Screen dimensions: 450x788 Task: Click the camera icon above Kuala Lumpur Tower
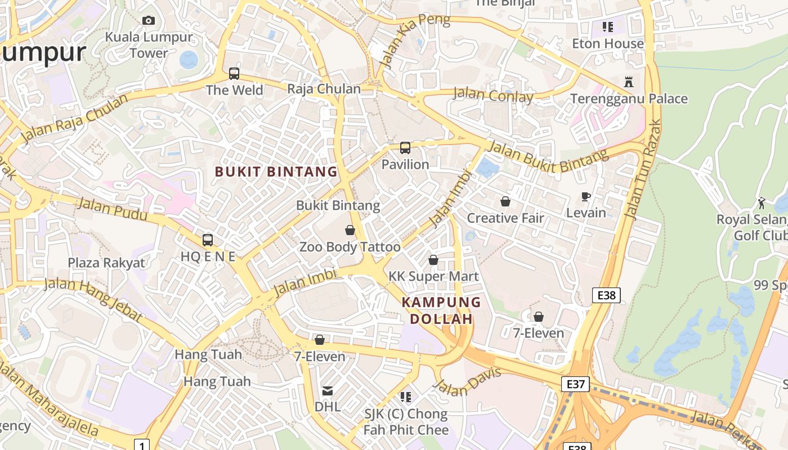coord(149,21)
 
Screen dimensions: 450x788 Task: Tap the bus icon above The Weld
coord(234,73)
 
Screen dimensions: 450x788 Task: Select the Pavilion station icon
coord(405,148)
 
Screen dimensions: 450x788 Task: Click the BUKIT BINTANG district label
coord(276,172)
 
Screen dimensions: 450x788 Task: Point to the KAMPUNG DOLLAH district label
coord(441,310)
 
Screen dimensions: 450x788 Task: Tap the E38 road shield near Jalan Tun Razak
coord(606,295)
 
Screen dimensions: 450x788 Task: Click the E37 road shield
coord(575,384)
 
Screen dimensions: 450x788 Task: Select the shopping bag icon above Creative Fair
coord(505,201)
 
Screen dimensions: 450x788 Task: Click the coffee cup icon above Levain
coord(586,196)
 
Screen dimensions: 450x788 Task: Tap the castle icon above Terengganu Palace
coord(629,82)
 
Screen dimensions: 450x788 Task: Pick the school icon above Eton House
coord(607,26)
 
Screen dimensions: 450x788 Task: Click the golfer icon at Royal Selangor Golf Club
coord(762,203)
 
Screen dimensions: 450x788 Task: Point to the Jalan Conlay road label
coord(494,96)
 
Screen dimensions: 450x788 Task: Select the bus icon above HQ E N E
coord(208,240)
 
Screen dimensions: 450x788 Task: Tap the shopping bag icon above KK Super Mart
coord(433,260)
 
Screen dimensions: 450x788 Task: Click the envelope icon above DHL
coord(327,390)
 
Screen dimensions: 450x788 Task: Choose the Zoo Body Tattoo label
coord(350,247)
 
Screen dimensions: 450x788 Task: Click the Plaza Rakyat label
coord(106,263)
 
